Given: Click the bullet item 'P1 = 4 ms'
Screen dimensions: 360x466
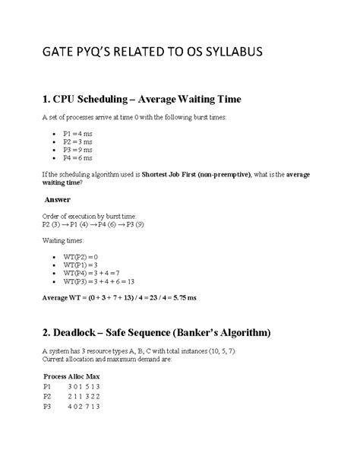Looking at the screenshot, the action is (x=79, y=132).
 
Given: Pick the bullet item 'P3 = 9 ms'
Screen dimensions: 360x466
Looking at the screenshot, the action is (x=79, y=149).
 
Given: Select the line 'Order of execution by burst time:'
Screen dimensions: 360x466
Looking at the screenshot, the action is (x=84, y=217).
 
